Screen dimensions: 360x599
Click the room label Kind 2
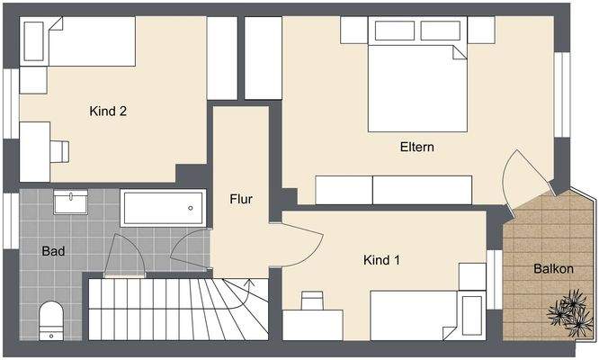tap(108, 112)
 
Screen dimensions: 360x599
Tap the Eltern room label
tap(416, 146)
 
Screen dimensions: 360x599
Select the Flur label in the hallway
tap(240, 199)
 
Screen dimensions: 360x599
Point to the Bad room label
tap(53, 251)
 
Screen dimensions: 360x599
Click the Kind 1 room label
tap(381, 260)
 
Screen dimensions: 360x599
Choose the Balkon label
tap(550, 268)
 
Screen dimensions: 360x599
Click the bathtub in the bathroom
tap(163, 208)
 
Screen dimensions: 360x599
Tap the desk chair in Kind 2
tap(60, 150)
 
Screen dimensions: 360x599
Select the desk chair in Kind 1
tap(312, 301)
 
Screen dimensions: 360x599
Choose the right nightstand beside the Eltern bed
tap(481, 30)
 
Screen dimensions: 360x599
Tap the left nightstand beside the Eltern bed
tap(353, 30)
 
